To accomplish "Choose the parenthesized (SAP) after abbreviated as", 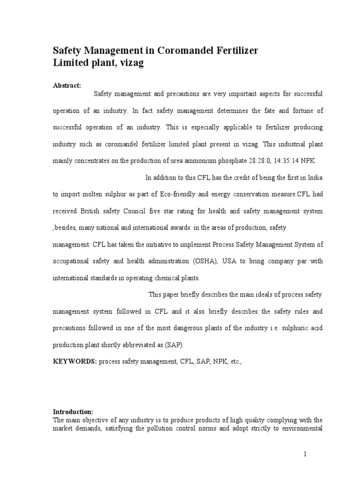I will [174, 345].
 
